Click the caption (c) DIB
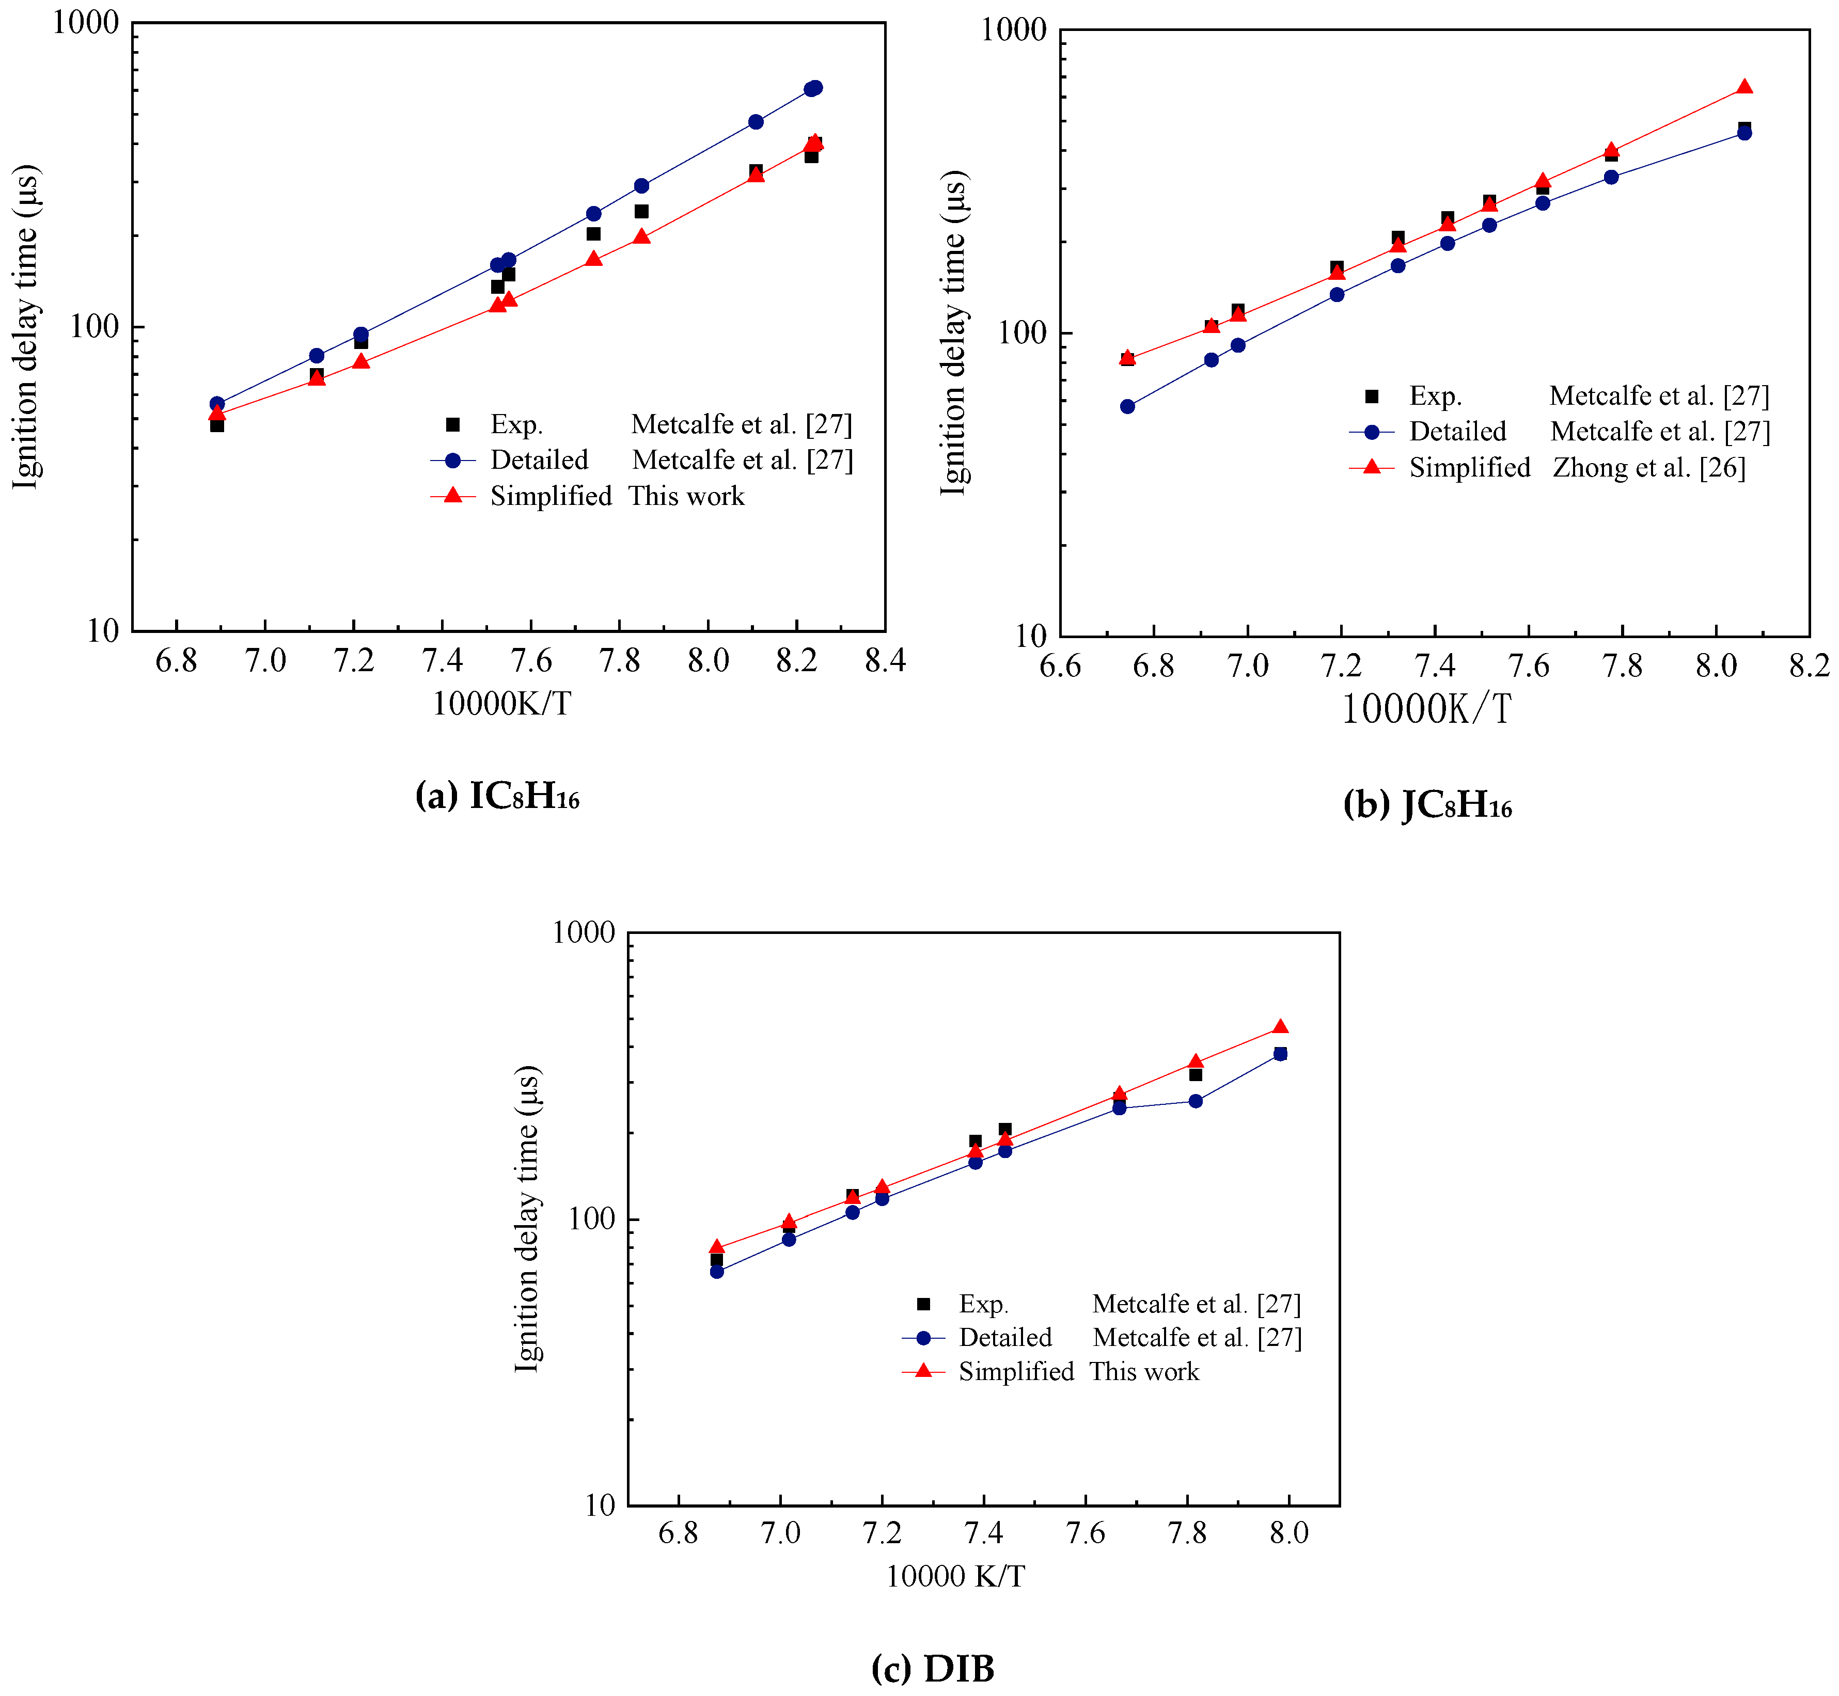(932, 1668)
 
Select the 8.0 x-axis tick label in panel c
(1288, 1533)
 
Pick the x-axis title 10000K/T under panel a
(501, 704)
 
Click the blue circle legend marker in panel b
(1372, 431)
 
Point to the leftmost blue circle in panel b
(1127, 406)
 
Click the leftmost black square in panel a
(217, 425)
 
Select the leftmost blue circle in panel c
(717, 1271)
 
